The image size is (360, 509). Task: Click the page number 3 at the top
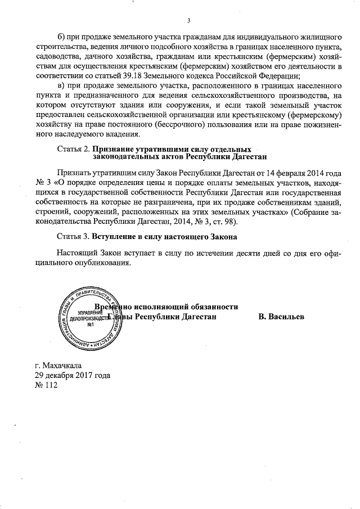point(189,21)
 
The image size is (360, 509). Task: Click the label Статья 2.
point(74,149)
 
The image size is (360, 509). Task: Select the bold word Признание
point(116,149)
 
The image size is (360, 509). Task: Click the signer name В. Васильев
point(281,317)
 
